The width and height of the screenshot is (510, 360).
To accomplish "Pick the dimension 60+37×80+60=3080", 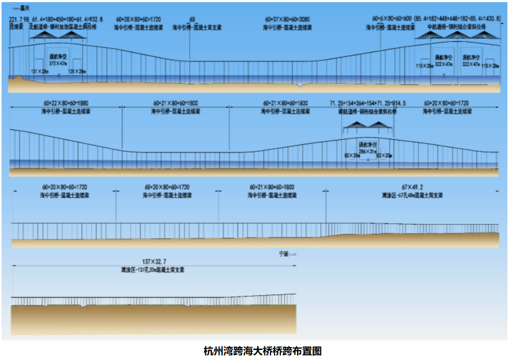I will point(287,19).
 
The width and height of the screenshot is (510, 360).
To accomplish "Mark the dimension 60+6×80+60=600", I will point(393,19).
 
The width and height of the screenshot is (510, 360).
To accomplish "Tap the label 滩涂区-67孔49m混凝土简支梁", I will point(412,195).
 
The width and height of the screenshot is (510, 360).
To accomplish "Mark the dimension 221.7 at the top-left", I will point(16,19).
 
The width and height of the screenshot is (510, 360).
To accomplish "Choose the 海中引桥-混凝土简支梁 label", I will point(196,26).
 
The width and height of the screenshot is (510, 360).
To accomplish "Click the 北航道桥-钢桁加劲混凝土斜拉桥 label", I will point(63,26).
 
